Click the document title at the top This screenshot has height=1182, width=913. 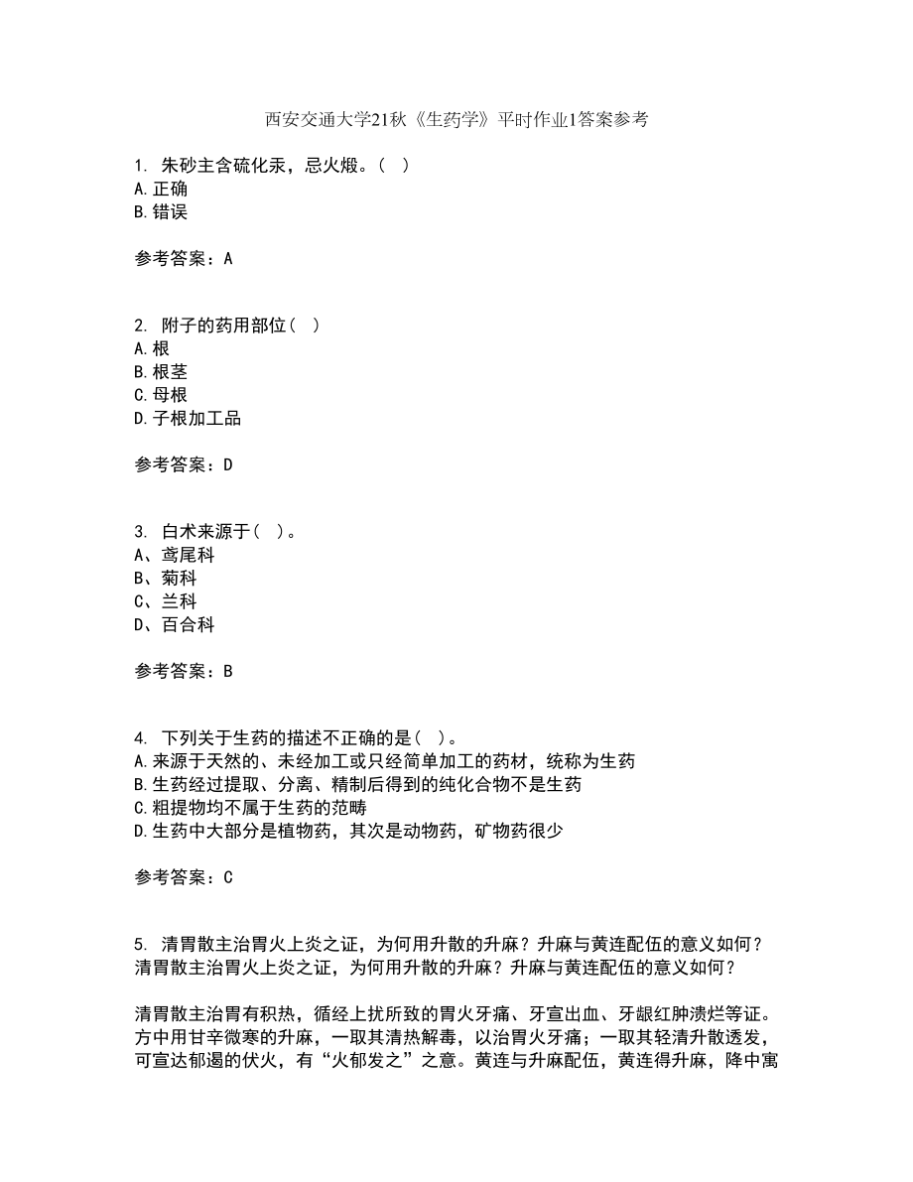456,121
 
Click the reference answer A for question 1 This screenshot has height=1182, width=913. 228,258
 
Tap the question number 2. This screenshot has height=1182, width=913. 140,326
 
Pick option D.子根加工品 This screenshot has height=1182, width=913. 187,418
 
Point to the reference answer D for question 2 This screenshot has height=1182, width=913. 228,464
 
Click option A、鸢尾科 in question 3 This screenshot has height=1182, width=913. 174,556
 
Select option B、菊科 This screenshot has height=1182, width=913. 165,579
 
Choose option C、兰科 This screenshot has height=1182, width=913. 165,601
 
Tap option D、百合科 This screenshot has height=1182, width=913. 174,624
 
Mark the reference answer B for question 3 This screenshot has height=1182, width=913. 228,671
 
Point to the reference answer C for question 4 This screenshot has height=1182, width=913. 228,877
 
